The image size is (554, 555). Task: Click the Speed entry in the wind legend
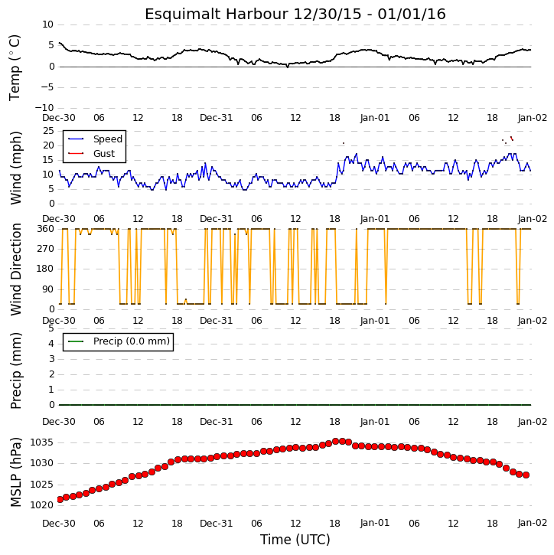[108, 139]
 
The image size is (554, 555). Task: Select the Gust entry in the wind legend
[104, 154]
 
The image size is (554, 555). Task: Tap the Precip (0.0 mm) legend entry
[132, 341]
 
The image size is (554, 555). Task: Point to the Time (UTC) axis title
[295, 540]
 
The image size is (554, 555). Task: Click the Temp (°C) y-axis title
[15, 67]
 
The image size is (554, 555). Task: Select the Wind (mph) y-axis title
[16, 168]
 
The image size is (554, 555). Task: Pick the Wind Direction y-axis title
[16, 269]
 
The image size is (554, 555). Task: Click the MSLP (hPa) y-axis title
[16, 472]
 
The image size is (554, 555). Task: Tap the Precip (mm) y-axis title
[16, 371]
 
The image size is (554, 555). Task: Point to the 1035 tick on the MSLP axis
[42, 442]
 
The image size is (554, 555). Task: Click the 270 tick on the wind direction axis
[46, 249]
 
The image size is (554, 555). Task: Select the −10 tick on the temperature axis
[44, 108]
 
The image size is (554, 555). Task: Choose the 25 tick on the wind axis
[48, 131]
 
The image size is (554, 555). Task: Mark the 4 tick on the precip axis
[51, 344]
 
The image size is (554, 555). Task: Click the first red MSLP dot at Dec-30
[60, 499]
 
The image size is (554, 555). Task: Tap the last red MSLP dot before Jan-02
[526, 475]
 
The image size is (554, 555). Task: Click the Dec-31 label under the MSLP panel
[216, 523]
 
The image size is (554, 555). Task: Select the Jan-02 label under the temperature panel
[533, 118]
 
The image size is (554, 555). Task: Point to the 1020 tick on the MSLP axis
[42, 505]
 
